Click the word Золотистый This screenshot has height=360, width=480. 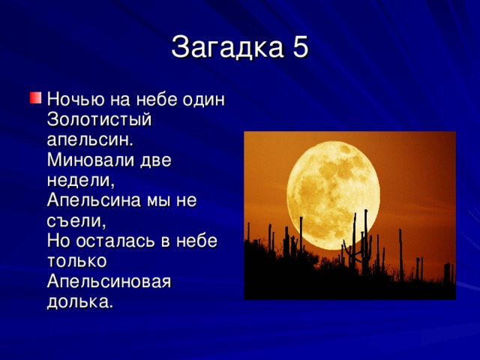click(100, 119)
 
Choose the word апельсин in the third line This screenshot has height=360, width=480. click(90, 139)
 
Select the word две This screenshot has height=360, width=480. click(172, 160)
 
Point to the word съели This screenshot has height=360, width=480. click(76, 220)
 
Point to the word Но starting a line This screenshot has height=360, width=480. click(60, 241)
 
